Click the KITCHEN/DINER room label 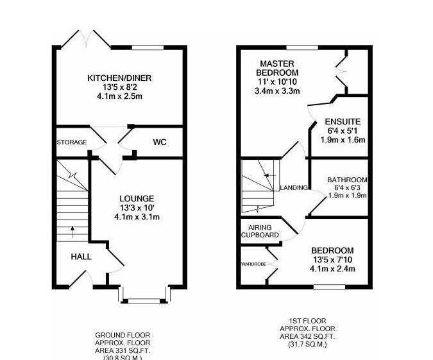119,78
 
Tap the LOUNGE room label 137,198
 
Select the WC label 160,142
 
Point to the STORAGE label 71,142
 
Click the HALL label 81,257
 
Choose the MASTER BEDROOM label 277,68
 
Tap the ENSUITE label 343,121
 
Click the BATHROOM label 346,180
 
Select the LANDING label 294,188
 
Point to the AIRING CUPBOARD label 260,232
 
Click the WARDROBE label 253,264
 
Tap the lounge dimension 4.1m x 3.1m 137,217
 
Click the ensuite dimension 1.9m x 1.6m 343,139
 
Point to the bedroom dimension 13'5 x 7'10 332,259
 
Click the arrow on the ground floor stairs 72,228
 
